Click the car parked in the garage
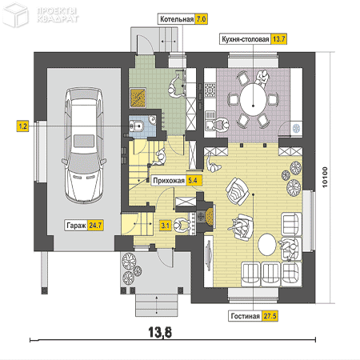pyautogui.click(x=84, y=146)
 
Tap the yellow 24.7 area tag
pyautogui.click(x=95, y=226)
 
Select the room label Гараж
pyautogui.click(x=76, y=226)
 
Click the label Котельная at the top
pyautogui.click(x=177, y=19)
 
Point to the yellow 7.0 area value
pyautogui.click(x=201, y=19)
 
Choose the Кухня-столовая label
pyautogui.click(x=246, y=39)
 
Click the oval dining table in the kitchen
pyautogui.click(x=253, y=99)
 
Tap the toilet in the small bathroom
pyautogui.click(x=136, y=126)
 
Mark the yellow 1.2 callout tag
pyautogui.click(x=22, y=126)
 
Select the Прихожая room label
pyautogui.click(x=169, y=181)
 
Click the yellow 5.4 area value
pyautogui.click(x=193, y=181)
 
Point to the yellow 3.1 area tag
pyautogui.click(x=165, y=226)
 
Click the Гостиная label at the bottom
pyautogui.click(x=245, y=316)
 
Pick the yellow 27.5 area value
pyautogui.click(x=270, y=316)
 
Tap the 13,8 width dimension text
pyautogui.click(x=160, y=332)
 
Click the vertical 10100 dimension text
pyautogui.click(x=325, y=178)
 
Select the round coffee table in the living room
pyautogui.click(x=267, y=245)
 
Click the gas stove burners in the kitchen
pyautogui.click(x=210, y=90)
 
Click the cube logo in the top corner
pyautogui.click(x=15, y=14)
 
